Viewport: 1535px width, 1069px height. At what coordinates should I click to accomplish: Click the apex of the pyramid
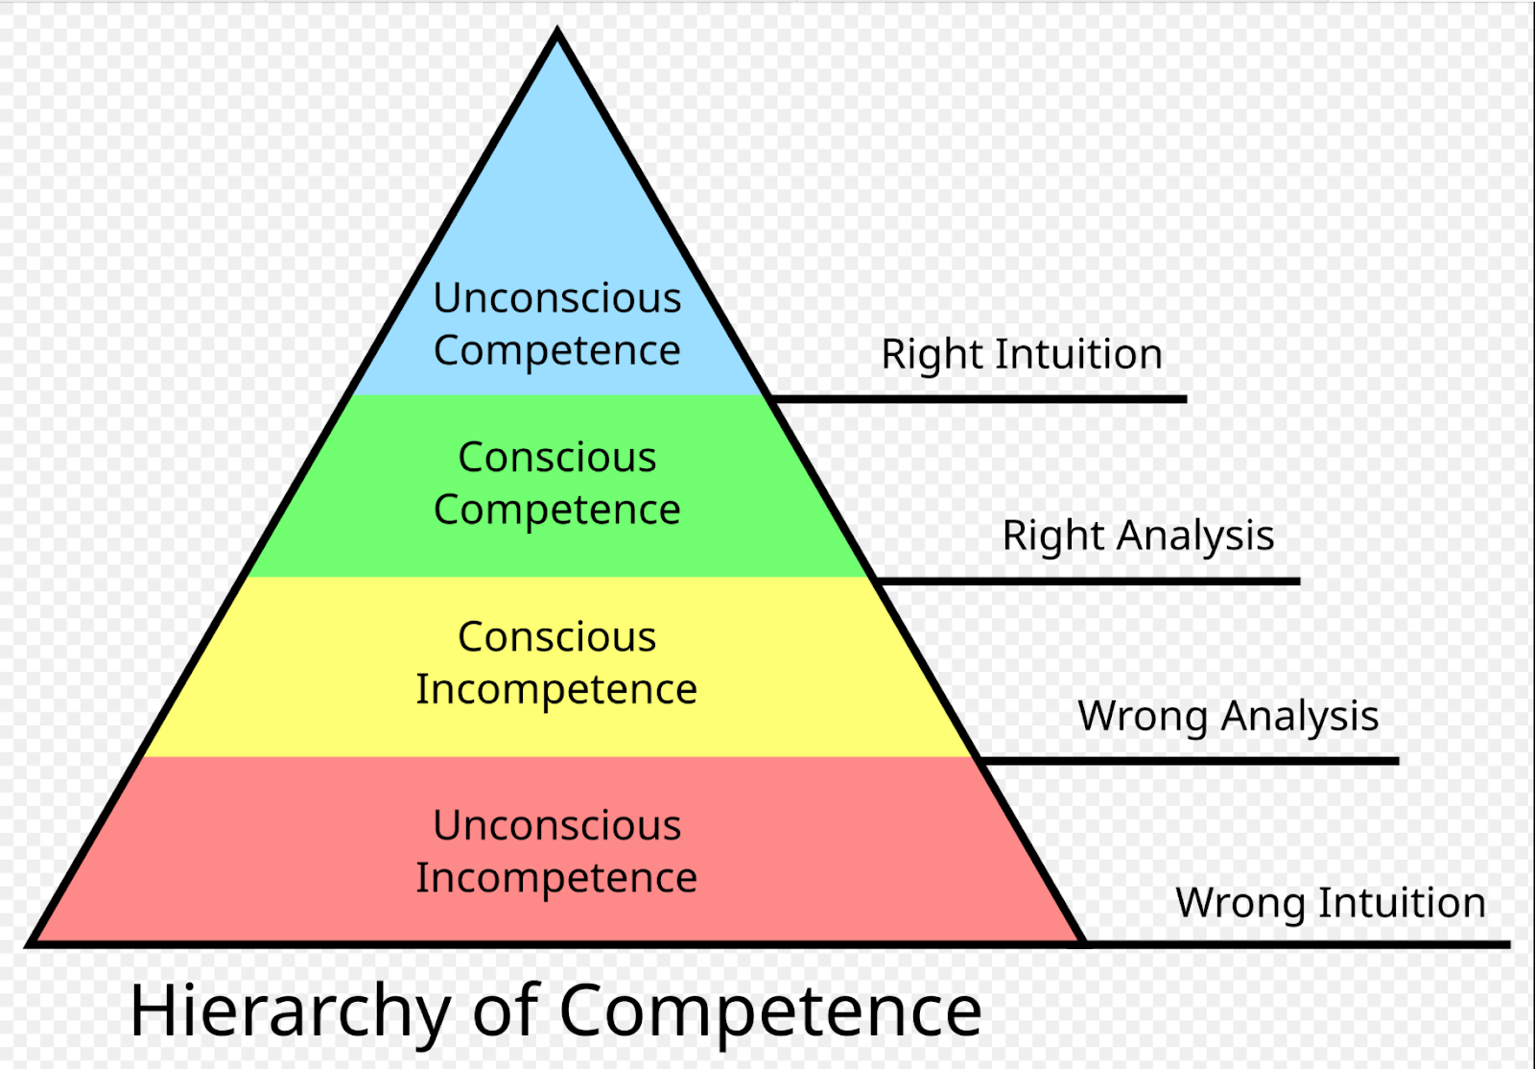click(x=557, y=35)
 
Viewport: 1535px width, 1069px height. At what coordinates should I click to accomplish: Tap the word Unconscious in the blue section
click(x=556, y=298)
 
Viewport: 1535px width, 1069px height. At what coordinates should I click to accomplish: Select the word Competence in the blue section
click(x=556, y=351)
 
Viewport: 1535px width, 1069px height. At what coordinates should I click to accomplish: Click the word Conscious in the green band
click(x=556, y=458)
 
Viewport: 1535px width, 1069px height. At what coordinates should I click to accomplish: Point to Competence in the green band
click(x=556, y=511)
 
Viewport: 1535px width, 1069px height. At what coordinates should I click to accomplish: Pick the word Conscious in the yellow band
click(x=556, y=637)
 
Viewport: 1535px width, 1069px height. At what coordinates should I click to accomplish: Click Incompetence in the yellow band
click(x=556, y=690)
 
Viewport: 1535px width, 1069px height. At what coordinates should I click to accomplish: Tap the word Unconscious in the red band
click(x=556, y=826)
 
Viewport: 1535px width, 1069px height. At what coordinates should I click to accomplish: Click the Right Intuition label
click(x=1022, y=355)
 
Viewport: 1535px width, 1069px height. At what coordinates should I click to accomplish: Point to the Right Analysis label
click(x=1138, y=536)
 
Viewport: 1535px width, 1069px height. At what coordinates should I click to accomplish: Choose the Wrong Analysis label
click(x=1228, y=717)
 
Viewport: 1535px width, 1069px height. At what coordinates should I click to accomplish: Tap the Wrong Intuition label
click(x=1331, y=904)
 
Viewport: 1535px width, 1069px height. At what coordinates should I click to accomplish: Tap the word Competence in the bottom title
click(x=770, y=1011)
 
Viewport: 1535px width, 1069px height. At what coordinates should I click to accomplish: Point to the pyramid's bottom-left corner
click(x=31, y=942)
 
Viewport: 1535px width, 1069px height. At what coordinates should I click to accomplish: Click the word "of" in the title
click(x=507, y=1011)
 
